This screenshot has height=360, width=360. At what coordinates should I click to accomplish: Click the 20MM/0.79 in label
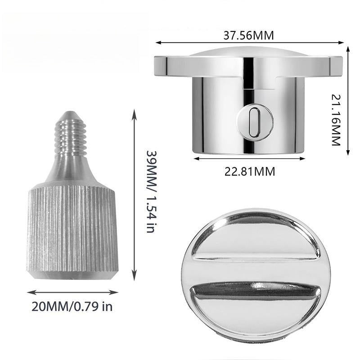coord(72,307)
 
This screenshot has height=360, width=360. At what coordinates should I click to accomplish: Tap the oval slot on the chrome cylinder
coord(254,121)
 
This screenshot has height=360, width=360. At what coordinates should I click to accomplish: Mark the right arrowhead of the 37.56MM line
coord(342,43)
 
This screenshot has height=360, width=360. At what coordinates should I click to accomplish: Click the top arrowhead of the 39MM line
coord(134,110)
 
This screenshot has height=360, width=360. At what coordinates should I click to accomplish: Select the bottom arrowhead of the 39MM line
coord(134,279)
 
